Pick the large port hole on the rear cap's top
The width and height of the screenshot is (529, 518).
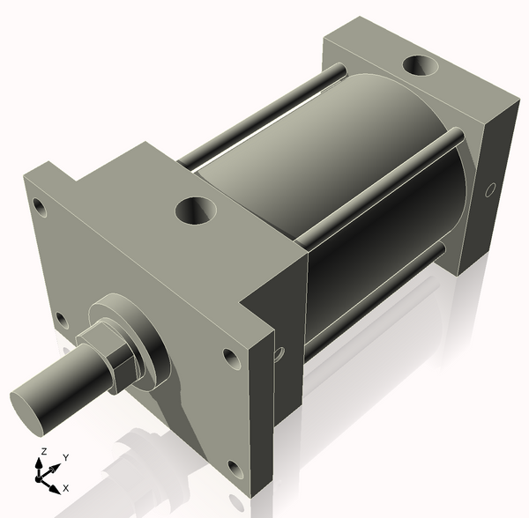coord(422,66)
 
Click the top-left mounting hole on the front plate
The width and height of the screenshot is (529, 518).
coord(39,208)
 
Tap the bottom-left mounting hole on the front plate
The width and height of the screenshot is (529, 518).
coord(61,318)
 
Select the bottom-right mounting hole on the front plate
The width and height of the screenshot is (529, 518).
coord(234,468)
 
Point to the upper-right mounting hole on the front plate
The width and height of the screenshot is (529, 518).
coord(231,359)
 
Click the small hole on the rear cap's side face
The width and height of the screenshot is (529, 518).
coord(492,189)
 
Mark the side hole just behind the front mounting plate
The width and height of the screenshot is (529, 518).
coord(279,354)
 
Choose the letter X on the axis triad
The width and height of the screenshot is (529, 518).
coord(65,487)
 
